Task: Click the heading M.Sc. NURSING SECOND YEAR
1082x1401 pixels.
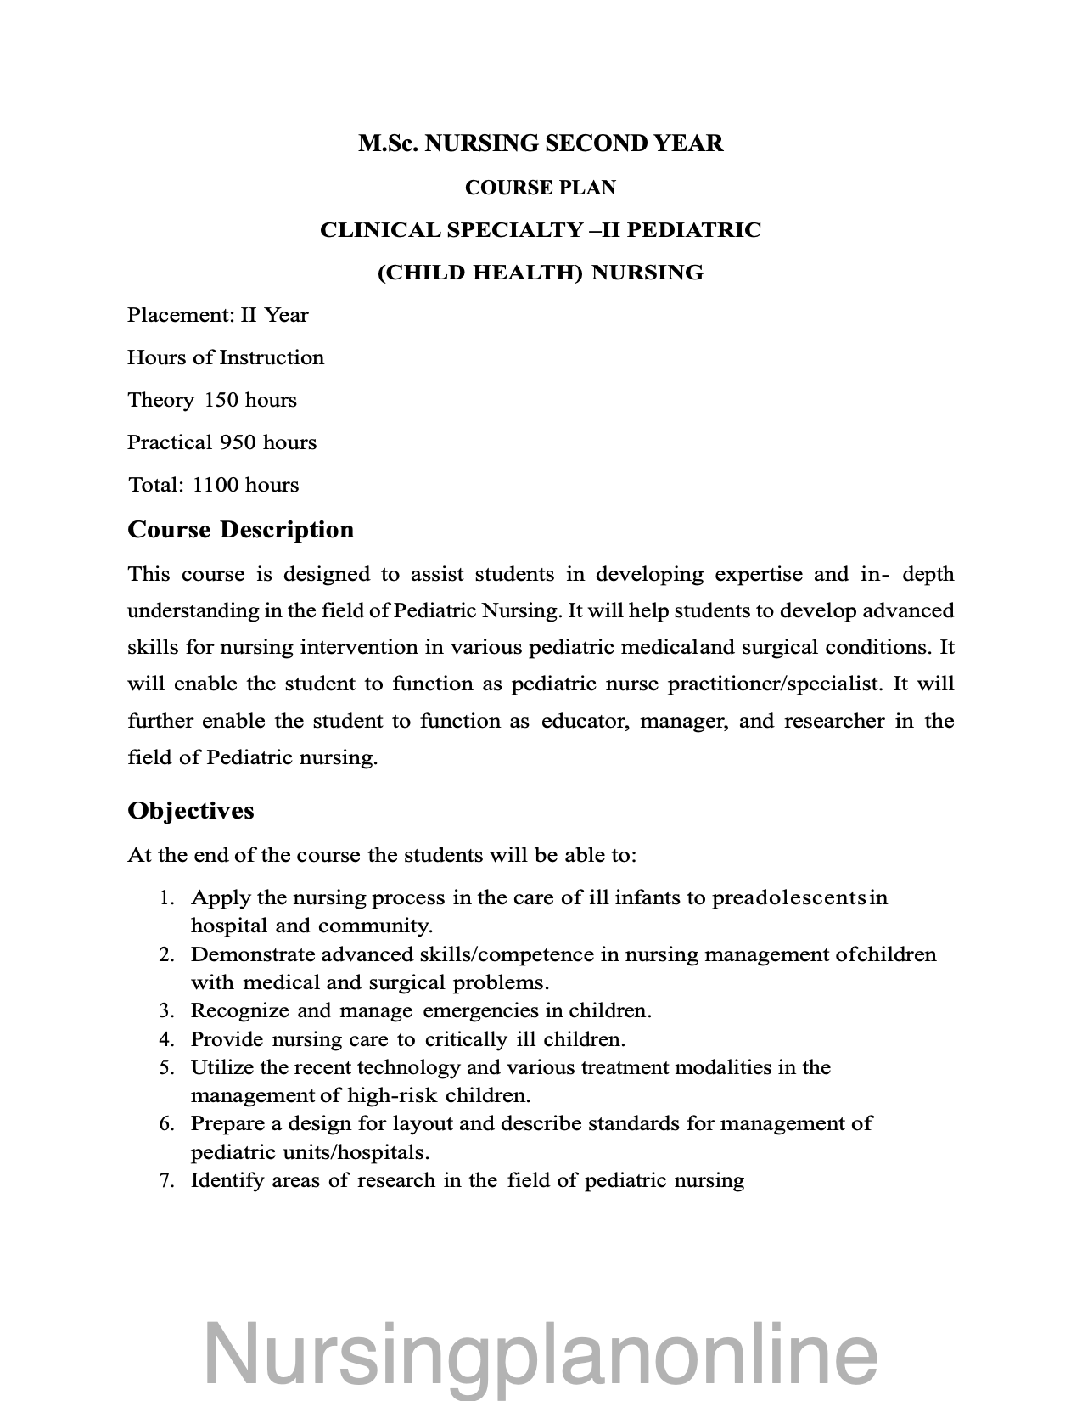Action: click(x=541, y=143)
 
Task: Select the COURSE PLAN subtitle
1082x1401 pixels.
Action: click(x=541, y=188)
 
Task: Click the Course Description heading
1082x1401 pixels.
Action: click(x=240, y=530)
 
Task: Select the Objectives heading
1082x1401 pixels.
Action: click(x=191, y=811)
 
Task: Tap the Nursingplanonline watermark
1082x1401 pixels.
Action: click(x=541, y=1350)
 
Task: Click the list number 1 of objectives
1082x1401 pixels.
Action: click(x=166, y=897)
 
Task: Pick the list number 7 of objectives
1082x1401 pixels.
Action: click(x=166, y=1180)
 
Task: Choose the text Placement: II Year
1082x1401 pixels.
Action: click(x=218, y=315)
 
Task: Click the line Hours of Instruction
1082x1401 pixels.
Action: click(x=226, y=357)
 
